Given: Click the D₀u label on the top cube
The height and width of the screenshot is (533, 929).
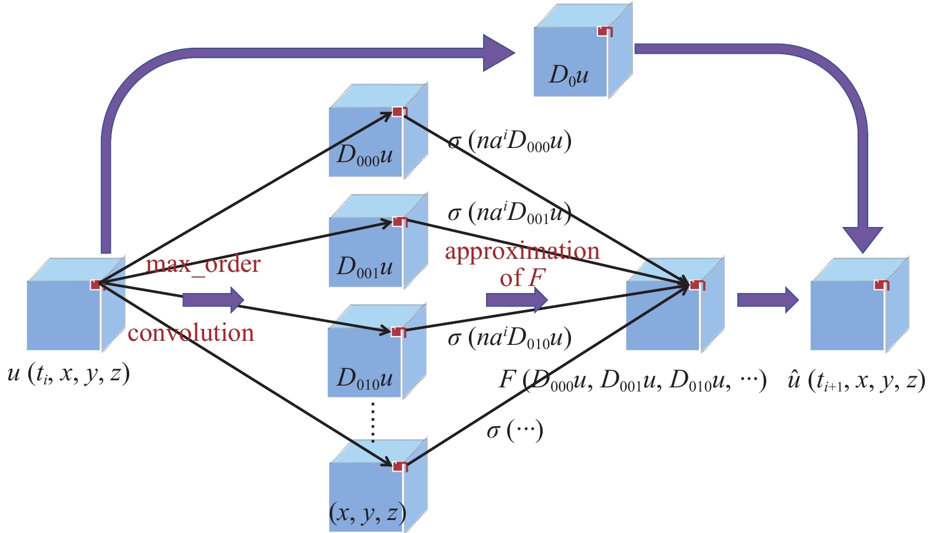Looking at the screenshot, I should click(569, 75).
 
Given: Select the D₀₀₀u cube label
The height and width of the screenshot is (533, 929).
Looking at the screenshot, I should click(365, 155).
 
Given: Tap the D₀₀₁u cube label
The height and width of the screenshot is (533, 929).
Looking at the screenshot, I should click(365, 266).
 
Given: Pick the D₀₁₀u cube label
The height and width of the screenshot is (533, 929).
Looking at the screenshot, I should click(365, 378).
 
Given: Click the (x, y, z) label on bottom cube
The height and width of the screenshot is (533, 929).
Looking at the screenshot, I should click(367, 512).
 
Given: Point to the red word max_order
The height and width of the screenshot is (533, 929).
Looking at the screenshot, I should click(203, 264).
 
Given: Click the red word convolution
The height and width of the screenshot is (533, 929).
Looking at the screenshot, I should click(191, 333).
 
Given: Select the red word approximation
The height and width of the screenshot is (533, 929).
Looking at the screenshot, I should click(522, 251).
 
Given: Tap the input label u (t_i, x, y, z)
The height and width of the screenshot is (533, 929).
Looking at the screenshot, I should click(68, 373).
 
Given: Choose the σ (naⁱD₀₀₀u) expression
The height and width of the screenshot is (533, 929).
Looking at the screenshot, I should click(510, 142).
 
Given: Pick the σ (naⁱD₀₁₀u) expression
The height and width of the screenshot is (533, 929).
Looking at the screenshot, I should click(510, 338).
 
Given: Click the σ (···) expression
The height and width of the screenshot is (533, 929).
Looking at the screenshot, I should click(514, 430).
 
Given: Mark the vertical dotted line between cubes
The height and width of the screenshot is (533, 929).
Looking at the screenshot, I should click(373, 421).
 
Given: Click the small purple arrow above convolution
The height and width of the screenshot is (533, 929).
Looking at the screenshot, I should click(213, 300).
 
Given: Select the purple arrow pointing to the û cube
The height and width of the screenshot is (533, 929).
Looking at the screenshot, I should click(767, 300).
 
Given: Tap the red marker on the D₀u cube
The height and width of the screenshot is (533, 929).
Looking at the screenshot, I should click(605, 31).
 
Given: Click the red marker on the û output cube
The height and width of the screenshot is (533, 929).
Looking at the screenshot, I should click(882, 285).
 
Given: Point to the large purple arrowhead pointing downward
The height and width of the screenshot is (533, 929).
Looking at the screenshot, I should click(862, 238).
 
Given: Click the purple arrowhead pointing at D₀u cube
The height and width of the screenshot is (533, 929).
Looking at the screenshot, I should click(498, 53).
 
